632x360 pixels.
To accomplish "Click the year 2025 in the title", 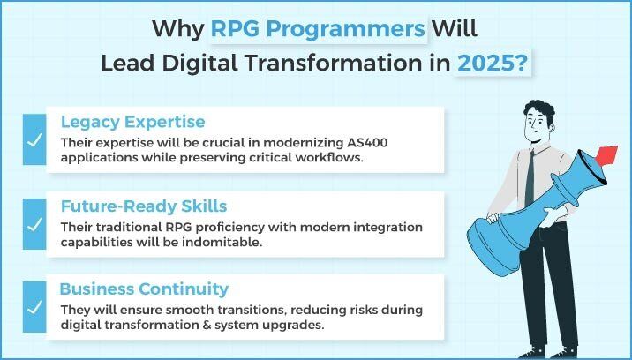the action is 487,64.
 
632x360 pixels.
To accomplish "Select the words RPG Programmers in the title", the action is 318,28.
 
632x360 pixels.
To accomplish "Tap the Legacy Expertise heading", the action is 132,122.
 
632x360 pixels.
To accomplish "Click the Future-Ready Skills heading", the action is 144,206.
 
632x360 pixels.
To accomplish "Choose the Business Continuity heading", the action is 144,289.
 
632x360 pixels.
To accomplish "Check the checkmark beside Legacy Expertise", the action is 34,140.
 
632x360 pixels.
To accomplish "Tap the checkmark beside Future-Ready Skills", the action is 34,224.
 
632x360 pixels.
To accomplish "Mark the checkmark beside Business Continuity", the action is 34,307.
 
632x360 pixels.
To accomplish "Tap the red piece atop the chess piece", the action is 606,156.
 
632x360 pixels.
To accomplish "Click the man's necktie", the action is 530,180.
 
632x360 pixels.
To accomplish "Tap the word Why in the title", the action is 178,29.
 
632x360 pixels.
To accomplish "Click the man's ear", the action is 551,128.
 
